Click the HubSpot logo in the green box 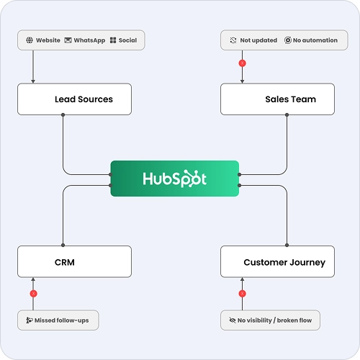pyautogui.click(x=174, y=179)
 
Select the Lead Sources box pyautogui.click(x=74, y=99)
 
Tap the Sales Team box pyautogui.click(x=277, y=99)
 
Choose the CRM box pyautogui.click(x=74, y=261)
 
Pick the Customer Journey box pyautogui.click(x=277, y=261)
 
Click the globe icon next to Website pyautogui.click(x=30, y=40)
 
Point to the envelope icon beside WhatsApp pyautogui.click(x=68, y=40)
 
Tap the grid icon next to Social pyautogui.click(x=113, y=40)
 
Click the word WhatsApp pyautogui.click(x=89, y=40)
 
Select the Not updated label pyautogui.click(x=258, y=40)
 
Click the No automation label pyautogui.click(x=315, y=40)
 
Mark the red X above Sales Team pyautogui.click(x=243, y=63)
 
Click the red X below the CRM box pyautogui.click(x=33, y=293)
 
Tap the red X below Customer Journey pyautogui.click(x=243, y=293)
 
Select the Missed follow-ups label pyautogui.click(x=62, y=320)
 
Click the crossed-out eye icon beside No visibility pyautogui.click(x=233, y=320)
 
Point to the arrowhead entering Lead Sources pyautogui.click(x=33, y=81)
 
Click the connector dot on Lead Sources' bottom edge pyautogui.click(x=63, y=115)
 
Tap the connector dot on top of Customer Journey pyautogui.click(x=287, y=245)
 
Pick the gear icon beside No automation pyautogui.click(x=288, y=40)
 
